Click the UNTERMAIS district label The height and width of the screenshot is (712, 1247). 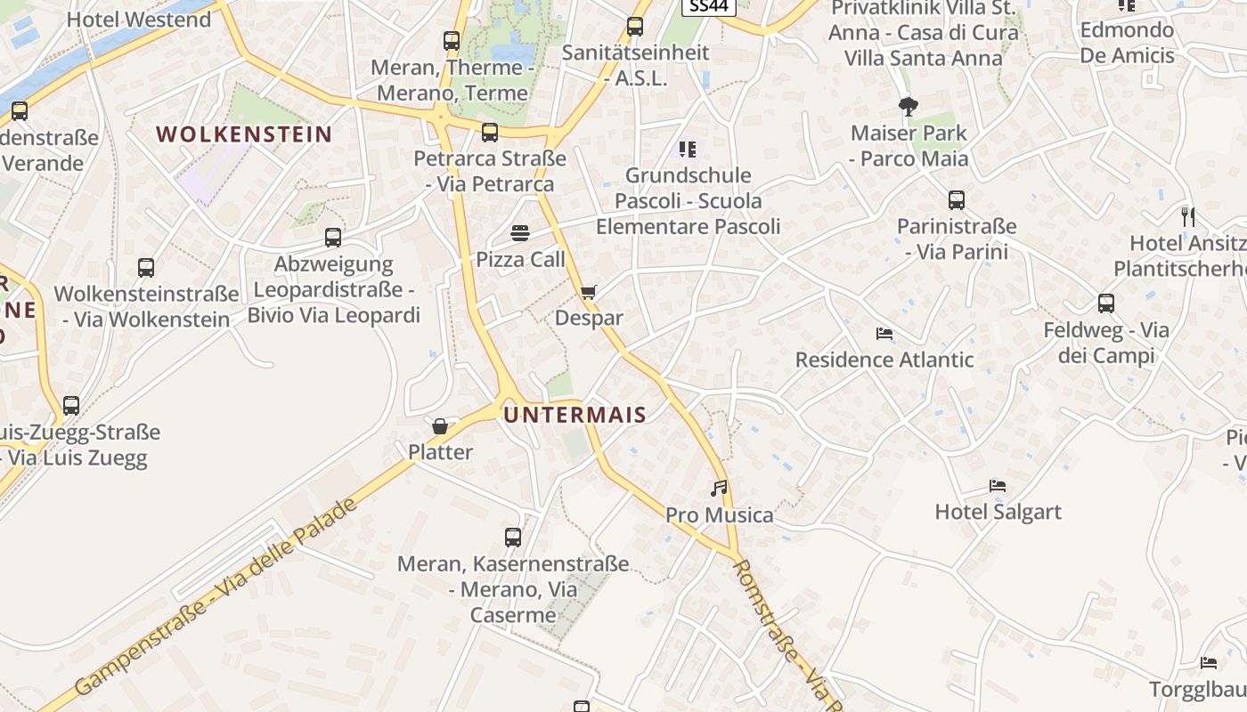[x=575, y=415]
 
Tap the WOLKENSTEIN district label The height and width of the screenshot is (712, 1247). [x=244, y=134]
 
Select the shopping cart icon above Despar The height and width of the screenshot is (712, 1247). [x=588, y=292]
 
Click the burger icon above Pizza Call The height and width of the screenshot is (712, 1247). [x=521, y=233]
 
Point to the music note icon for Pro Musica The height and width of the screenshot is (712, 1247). [x=719, y=488]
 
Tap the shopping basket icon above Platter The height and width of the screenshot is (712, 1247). [x=440, y=426]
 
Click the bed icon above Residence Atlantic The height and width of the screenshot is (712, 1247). [x=884, y=334]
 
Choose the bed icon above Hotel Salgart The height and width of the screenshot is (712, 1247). [x=998, y=486]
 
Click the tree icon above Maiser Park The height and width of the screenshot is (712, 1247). [x=909, y=107]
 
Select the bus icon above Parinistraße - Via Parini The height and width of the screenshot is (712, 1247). [x=957, y=200]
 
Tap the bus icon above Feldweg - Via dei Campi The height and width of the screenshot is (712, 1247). [x=1106, y=303]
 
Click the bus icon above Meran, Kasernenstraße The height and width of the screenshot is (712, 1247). [x=513, y=538]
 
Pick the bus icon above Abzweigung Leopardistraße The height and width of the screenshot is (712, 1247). [x=333, y=238]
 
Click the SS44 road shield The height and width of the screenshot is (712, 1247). [x=709, y=5]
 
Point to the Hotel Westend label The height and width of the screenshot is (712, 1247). [x=139, y=20]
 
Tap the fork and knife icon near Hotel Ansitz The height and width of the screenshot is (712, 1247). [x=1187, y=216]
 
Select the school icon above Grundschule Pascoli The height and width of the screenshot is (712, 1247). [x=687, y=149]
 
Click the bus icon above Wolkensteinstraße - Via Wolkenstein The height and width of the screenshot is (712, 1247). [x=146, y=268]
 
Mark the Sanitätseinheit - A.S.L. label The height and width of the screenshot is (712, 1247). [x=636, y=65]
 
